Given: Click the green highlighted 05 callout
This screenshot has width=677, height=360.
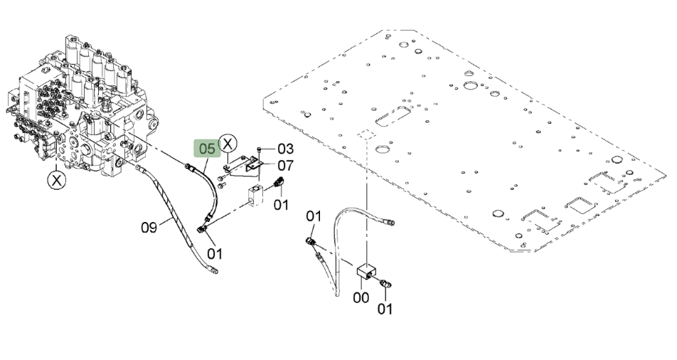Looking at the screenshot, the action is (x=207, y=149).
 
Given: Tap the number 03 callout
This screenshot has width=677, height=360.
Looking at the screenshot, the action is (x=285, y=149).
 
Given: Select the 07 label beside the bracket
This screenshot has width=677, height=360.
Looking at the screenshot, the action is (x=285, y=165).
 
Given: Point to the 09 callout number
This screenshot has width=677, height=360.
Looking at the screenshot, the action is (x=149, y=228).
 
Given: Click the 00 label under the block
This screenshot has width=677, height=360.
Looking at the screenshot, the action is (x=361, y=298).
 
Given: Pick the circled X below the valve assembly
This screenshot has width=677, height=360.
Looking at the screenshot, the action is (x=57, y=180).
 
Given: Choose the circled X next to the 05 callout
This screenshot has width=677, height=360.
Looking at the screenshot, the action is (x=228, y=142).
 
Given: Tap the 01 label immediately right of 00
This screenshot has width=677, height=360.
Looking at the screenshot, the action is (x=385, y=309).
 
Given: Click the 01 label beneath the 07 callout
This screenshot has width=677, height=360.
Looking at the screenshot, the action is (x=281, y=204).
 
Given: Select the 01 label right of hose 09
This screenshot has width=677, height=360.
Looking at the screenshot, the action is (x=215, y=254).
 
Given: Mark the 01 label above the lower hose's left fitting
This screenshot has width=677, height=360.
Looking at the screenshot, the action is (x=314, y=216).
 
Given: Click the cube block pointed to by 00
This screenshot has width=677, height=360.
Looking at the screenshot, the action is (x=366, y=272).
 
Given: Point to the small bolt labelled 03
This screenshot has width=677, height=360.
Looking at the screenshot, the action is (x=259, y=149).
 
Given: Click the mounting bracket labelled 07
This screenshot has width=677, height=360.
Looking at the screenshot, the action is (x=242, y=166).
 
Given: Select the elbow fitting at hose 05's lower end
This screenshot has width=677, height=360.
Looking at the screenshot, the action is (x=202, y=228).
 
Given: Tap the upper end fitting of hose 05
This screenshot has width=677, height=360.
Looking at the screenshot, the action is (x=189, y=166).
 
